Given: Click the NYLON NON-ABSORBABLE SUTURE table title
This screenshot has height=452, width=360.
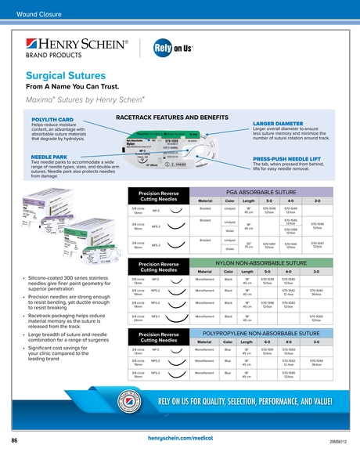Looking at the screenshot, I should [x=259, y=262].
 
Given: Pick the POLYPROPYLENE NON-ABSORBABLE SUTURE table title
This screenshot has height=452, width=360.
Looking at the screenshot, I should [x=259, y=334].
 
